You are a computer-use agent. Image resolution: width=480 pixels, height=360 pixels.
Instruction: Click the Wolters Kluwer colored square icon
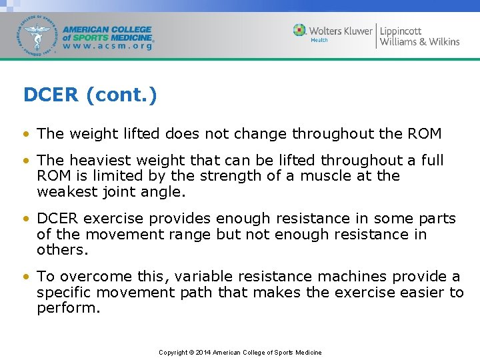[x=300, y=30]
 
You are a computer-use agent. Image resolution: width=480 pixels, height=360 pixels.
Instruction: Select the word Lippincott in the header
[x=401, y=30]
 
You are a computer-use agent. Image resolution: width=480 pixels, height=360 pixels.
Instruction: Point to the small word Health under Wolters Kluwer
[x=319, y=41]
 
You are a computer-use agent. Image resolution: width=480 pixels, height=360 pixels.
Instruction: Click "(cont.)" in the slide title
[x=121, y=95]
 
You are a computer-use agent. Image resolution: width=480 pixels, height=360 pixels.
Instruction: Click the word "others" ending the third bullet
[x=60, y=250]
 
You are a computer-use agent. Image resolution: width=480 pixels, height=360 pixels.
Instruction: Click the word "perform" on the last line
[x=65, y=308]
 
